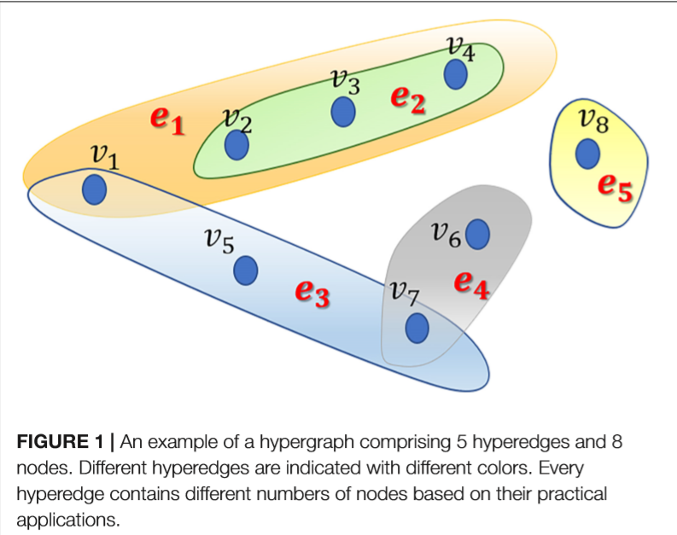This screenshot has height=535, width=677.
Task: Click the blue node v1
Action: coord(94,189)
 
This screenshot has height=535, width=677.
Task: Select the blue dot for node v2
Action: coord(236,146)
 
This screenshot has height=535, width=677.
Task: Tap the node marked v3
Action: coord(343,112)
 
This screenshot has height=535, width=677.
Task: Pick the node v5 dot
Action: coord(246,271)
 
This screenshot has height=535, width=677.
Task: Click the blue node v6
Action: coord(477,233)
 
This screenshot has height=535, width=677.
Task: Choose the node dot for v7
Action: coord(417,328)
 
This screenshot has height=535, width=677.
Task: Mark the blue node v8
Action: coord(587,154)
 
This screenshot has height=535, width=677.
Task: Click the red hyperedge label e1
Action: coord(167,119)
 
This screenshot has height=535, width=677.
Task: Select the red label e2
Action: coord(407,99)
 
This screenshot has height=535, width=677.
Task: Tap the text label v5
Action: coord(219,241)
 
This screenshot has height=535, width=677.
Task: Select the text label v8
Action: coord(593,120)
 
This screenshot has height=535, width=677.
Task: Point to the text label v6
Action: coord(446,232)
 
